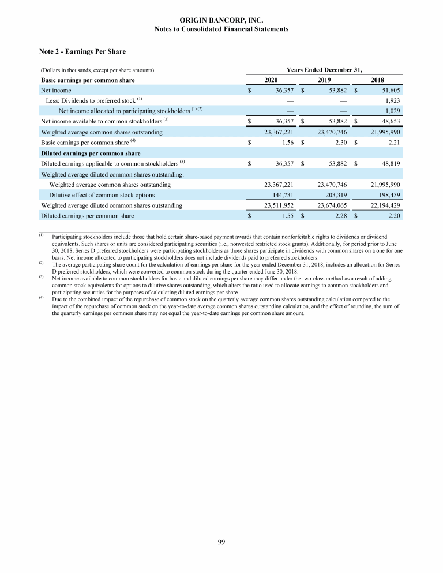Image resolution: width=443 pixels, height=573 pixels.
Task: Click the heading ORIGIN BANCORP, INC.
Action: click(x=221, y=21)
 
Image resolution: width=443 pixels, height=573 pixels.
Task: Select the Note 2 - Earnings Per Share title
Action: click(x=82, y=52)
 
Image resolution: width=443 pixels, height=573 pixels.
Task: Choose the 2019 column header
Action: click(x=325, y=80)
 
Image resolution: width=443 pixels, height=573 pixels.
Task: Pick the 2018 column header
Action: click(x=378, y=80)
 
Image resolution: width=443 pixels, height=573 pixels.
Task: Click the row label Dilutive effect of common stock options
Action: click(x=102, y=195)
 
